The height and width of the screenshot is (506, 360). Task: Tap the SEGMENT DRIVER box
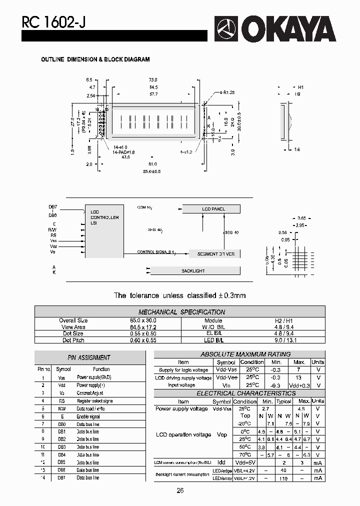tap(215, 254)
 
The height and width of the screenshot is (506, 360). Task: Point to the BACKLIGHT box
tap(193, 271)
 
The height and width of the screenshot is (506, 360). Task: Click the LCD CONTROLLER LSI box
tap(104, 231)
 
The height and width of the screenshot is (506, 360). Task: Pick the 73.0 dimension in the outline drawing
tap(153, 80)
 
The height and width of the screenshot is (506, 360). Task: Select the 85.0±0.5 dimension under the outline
tap(152, 171)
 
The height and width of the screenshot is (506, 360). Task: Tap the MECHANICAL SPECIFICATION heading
tap(181, 312)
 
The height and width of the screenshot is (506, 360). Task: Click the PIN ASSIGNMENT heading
tap(88, 357)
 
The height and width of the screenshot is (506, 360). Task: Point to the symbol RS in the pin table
tap(61, 401)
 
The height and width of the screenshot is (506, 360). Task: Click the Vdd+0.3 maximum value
tap(299, 385)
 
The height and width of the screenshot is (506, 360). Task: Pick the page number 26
tap(180, 490)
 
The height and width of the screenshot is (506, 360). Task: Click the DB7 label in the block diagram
tap(52, 207)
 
